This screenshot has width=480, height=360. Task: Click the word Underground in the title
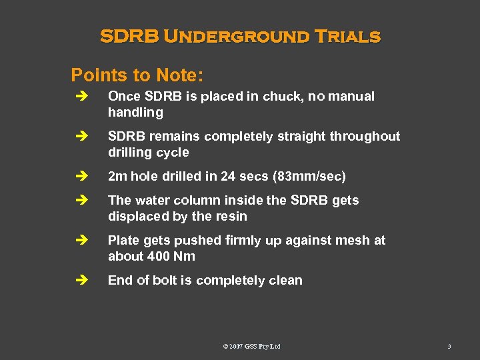pos(237,36)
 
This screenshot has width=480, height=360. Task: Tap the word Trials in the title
pos(347,36)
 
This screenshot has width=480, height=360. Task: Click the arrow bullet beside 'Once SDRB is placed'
pos(81,97)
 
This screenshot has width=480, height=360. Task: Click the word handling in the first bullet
pos(135,113)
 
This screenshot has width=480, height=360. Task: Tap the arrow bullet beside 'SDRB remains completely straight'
pos(81,137)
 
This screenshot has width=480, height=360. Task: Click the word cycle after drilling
pos(173,153)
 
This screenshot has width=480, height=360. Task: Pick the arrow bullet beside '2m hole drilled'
pos(81,177)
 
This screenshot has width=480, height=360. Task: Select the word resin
pos(230,217)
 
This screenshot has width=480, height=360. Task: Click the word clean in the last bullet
pos(285,281)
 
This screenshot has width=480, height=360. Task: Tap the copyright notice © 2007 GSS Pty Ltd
pos(251,346)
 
